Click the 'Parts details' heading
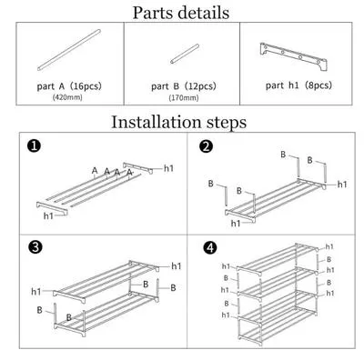pyautogui.click(x=181, y=13)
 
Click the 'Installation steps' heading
pyautogui.click(x=179, y=122)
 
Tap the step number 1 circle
pyautogui.click(x=34, y=146)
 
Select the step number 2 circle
pyautogui.click(x=207, y=146)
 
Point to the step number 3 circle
pyautogui.click(x=35, y=247)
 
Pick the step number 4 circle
pyautogui.click(x=210, y=247)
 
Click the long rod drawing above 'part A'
pyautogui.click(x=69, y=50)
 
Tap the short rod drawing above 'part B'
pyautogui.click(x=185, y=54)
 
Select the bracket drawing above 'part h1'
pyautogui.click(x=293, y=56)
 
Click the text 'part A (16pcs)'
pyautogui.click(x=69, y=86)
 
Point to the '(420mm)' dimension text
pyautogui.click(x=67, y=97)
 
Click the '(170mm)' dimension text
pyautogui.click(x=184, y=98)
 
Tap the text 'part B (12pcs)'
pyautogui.click(x=184, y=86)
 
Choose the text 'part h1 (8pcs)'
pyautogui.click(x=298, y=85)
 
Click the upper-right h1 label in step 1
pyautogui.click(x=168, y=168)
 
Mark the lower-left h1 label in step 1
pyautogui.click(x=48, y=215)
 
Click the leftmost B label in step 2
pyautogui.click(x=211, y=184)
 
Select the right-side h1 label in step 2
pyautogui.click(x=342, y=185)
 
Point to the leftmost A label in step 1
pyautogui.click(x=95, y=171)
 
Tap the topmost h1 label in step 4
pyautogui.click(x=329, y=246)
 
